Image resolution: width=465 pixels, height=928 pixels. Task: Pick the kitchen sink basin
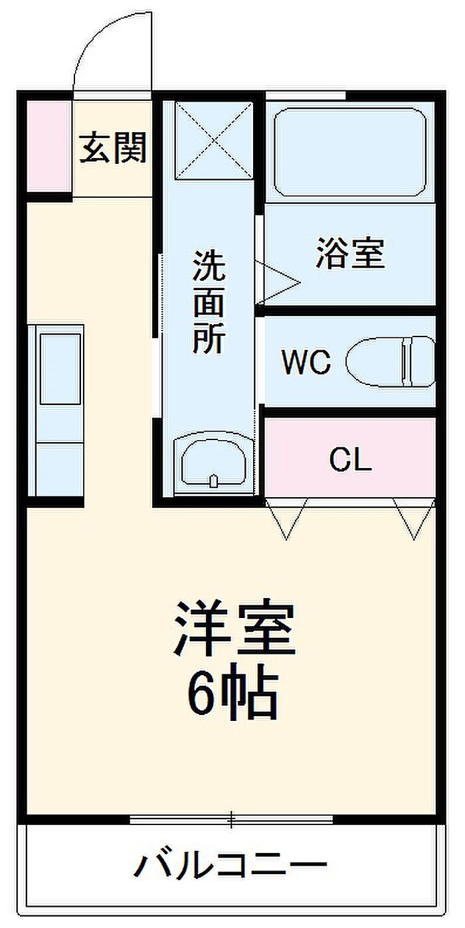pos(60,368)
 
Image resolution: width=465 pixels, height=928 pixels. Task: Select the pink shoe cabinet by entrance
pos(48,145)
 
